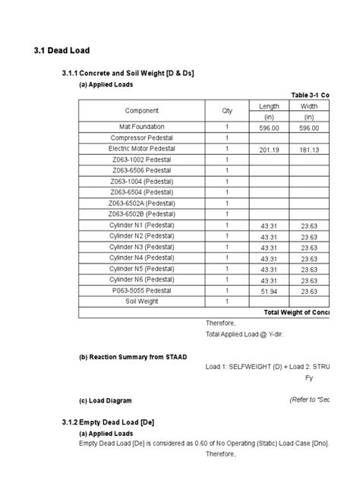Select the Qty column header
[x=226, y=111]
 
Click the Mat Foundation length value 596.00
[x=269, y=127]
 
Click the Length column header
[x=269, y=106]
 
